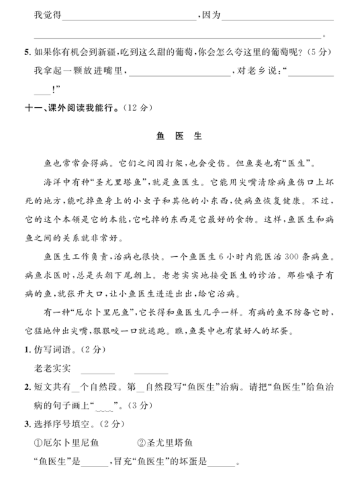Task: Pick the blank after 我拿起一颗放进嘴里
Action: [x=180, y=75]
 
